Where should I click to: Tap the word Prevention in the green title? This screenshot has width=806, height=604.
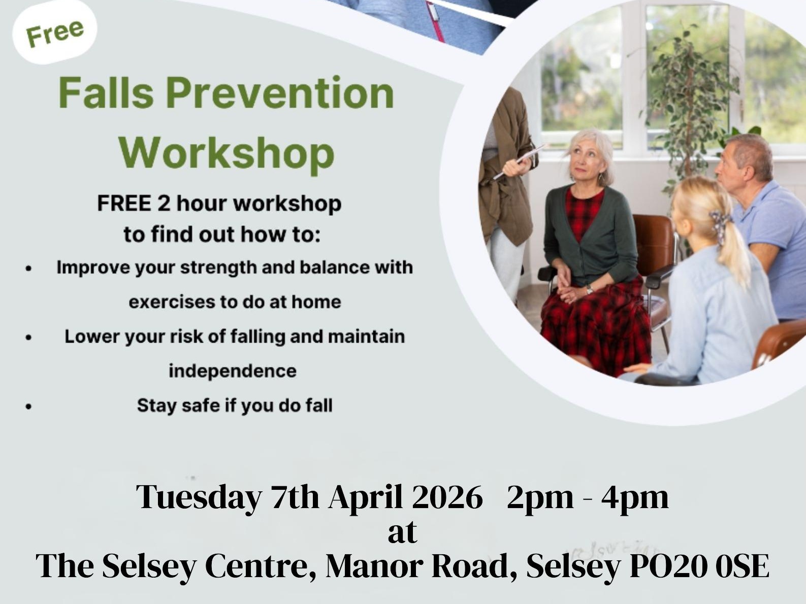[280, 93]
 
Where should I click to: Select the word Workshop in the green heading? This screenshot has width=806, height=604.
[227, 153]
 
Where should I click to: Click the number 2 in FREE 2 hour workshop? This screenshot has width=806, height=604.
[163, 204]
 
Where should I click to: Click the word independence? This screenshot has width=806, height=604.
[233, 371]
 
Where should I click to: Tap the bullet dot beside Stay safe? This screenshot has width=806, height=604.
[29, 406]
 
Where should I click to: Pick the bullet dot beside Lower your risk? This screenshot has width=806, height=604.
[29, 337]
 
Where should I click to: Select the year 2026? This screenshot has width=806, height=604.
[447, 497]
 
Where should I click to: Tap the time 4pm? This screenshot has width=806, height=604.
[635, 497]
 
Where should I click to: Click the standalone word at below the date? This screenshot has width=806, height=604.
[402, 532]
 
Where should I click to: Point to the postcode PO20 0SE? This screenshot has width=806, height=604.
[699, 566]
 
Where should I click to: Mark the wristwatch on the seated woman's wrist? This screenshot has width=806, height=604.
[589, 289]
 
